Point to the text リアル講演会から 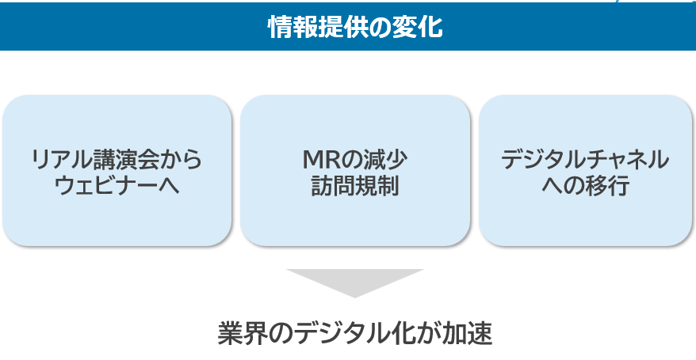pyautogui.click(x=117, y=159)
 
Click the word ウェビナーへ pyautogui.click(x=117, y=185)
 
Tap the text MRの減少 pyautogui.click(x=355, y=159)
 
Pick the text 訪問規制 pyautogui.click(x=355, y=185)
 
